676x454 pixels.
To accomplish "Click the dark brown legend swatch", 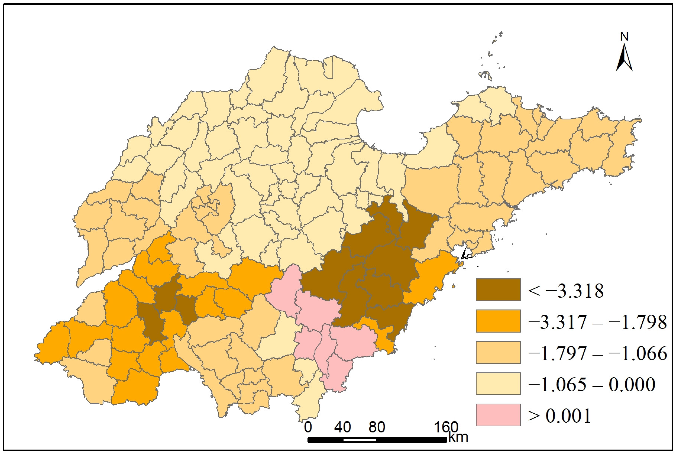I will (498, 290).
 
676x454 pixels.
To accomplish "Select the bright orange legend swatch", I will (498, 321).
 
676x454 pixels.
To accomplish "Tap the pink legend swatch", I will (498, 415).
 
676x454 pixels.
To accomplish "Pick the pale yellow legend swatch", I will (498, 384).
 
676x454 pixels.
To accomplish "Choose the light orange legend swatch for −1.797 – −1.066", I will (498, 352).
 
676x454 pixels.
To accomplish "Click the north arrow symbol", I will (624, 58).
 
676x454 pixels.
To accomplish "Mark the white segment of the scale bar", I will (360, 440).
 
